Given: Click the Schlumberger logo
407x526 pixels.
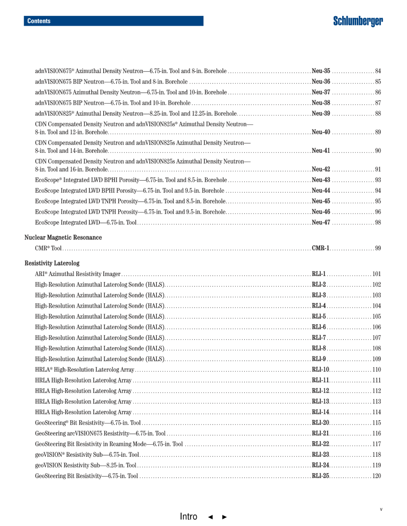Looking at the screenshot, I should [358, 21].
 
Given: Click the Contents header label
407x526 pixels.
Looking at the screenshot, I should [39, 21].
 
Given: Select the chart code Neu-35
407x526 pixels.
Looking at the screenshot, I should [321, 71].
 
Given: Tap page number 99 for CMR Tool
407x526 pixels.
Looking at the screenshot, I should [378, 249].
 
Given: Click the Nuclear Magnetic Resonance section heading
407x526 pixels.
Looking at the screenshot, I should [63, 238].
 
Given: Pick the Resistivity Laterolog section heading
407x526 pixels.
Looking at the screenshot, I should [52, 263].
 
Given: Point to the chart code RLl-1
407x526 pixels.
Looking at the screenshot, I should [318, 274].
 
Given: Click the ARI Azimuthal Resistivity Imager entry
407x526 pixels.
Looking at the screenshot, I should [78, 274].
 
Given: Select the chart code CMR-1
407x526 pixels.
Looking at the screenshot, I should [320, 249].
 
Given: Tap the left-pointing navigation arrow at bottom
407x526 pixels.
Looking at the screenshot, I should [210, 517].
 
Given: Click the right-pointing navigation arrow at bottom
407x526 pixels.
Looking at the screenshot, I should [225, 517].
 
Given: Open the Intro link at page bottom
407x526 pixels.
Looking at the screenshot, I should [188, 517].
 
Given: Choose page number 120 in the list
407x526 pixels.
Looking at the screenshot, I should [376, 476].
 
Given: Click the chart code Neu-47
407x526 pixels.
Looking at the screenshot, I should [321, 223].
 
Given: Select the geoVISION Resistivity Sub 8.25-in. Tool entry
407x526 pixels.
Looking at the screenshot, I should [86, 465].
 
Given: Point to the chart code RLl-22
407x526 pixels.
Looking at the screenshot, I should [320, 444].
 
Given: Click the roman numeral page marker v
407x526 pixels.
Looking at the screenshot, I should [381, 509].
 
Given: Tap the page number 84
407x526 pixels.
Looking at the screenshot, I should [378, 71].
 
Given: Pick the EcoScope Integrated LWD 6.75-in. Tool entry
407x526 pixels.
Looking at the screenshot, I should [86, 223].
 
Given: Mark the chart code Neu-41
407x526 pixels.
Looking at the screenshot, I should [321, 151].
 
